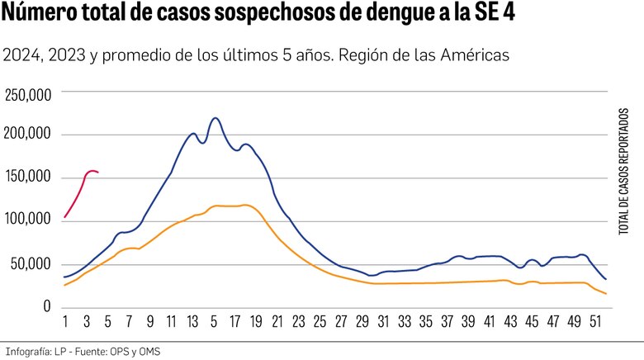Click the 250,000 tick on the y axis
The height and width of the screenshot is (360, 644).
(29, 96)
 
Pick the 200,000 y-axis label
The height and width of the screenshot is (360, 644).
(29, 135)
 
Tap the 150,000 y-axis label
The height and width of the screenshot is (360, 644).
(29, 178)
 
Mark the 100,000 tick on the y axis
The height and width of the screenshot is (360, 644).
(29, 220)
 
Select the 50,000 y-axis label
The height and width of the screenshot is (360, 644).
(32, 264)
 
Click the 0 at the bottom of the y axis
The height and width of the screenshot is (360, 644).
(48, 306)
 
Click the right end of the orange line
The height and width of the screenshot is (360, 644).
(607, 294)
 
